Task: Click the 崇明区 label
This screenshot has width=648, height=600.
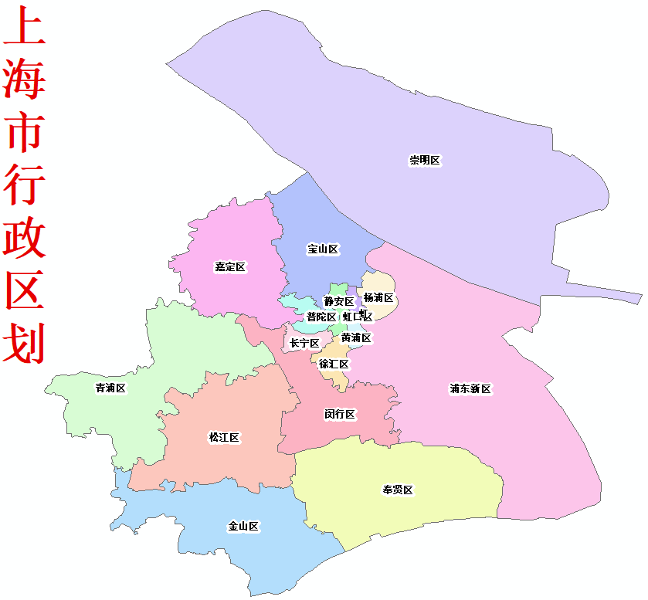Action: pos(425,161)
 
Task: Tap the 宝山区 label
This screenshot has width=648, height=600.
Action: pos(323,249)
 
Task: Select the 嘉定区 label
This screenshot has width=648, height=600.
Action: pos(230,267)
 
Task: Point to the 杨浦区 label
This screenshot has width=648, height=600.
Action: pos(378,298)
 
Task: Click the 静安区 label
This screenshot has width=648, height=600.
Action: pos(339,301)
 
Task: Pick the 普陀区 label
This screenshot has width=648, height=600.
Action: pos(321,317)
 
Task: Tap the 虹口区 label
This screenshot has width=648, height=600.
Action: pos(358,316)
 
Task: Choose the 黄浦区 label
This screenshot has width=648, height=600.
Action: pos(356,337)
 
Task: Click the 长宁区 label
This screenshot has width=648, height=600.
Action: pos(304,343)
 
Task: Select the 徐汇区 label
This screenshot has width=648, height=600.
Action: pos(334,364)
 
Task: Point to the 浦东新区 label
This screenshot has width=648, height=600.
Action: pos(470,388)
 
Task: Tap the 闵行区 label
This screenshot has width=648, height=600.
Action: pos(340,414)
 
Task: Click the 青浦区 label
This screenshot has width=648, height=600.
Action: pos(110,388)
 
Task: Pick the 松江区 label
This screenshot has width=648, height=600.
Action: pos(225,437)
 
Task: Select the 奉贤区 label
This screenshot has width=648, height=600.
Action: pos(398,490)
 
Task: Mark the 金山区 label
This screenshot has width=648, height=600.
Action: pos(243,527)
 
